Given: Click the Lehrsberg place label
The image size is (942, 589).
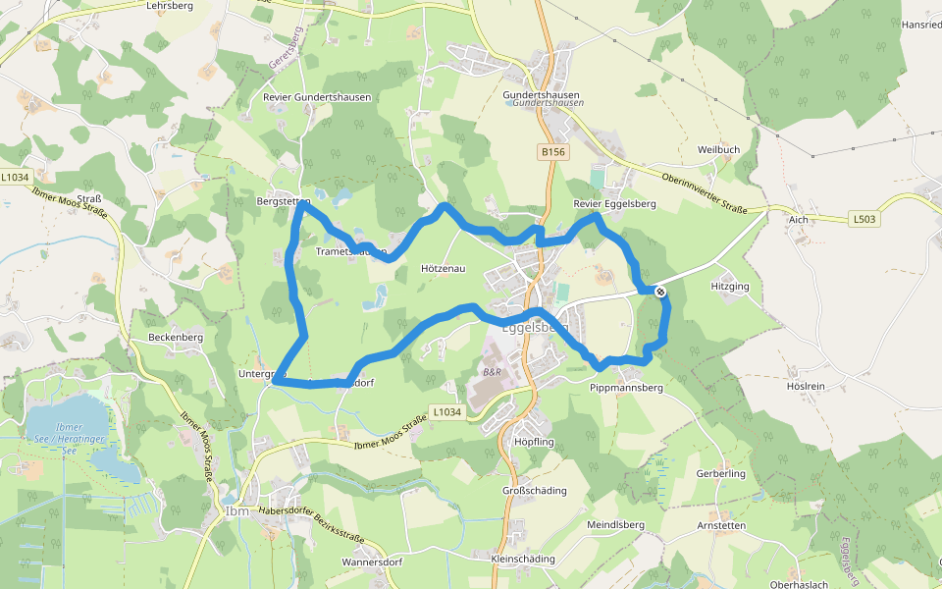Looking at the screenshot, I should tap(169, 5).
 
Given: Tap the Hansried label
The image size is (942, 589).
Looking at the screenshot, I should tap(921, 25).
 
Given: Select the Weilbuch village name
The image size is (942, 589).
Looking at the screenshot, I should tap(718, 149).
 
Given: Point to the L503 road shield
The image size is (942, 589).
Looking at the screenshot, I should tap(863, 219).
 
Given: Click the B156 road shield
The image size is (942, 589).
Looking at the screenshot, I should tap(553, 152).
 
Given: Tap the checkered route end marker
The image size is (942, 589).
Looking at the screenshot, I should tap(660, 291).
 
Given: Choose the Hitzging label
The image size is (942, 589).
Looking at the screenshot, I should tap(730, 287).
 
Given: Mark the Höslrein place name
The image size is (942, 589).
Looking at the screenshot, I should tap(806, 386).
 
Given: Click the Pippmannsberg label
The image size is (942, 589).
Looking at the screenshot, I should tap(627, 388).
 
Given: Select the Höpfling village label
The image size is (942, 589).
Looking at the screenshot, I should tap(534, 442).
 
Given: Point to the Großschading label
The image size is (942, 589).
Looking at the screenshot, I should tap(534, 490).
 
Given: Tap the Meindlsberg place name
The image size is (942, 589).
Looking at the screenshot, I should tap(614, 525).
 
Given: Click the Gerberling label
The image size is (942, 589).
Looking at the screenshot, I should tap(721, 474).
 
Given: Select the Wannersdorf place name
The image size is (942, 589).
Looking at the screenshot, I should tap(372, 562).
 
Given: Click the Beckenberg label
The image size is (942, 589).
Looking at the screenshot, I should tap(176, 337).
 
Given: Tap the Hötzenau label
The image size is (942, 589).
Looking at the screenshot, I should tap(443, 268).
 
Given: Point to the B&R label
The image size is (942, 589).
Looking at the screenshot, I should tap(492, 373).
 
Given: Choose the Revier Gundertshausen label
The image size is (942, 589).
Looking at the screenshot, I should tap(317, 98).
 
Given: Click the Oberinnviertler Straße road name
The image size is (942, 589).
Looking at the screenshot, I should tap(705, 193).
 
